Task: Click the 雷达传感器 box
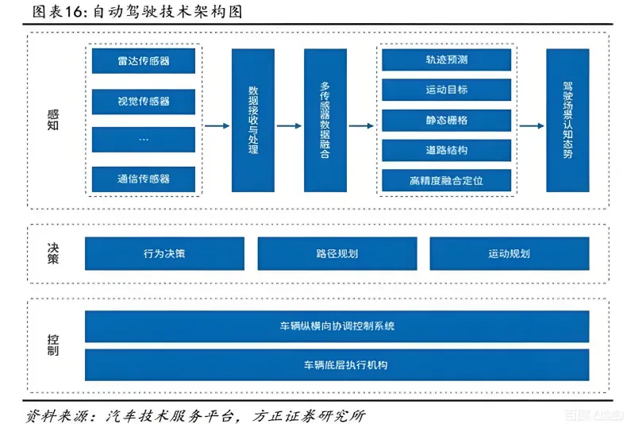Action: point(144,61)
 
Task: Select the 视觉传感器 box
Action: point(144,101)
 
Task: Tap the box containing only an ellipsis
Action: point(144,140)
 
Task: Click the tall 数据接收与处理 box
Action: point(252,121)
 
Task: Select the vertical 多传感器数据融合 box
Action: point(325,121)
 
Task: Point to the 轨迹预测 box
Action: point(446,60)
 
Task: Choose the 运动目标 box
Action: point(446,91)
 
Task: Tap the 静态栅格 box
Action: point(446,121)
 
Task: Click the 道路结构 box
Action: point(446,150)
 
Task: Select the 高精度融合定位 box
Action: point(446,180)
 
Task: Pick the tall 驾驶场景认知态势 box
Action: point(567,121)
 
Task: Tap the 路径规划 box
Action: point(337,254)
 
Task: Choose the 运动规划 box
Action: point(509,254)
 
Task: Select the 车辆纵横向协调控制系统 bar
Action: point(337,326)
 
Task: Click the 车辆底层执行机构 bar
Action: point(337,365)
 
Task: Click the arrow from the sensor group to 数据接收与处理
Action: point(217,125)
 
